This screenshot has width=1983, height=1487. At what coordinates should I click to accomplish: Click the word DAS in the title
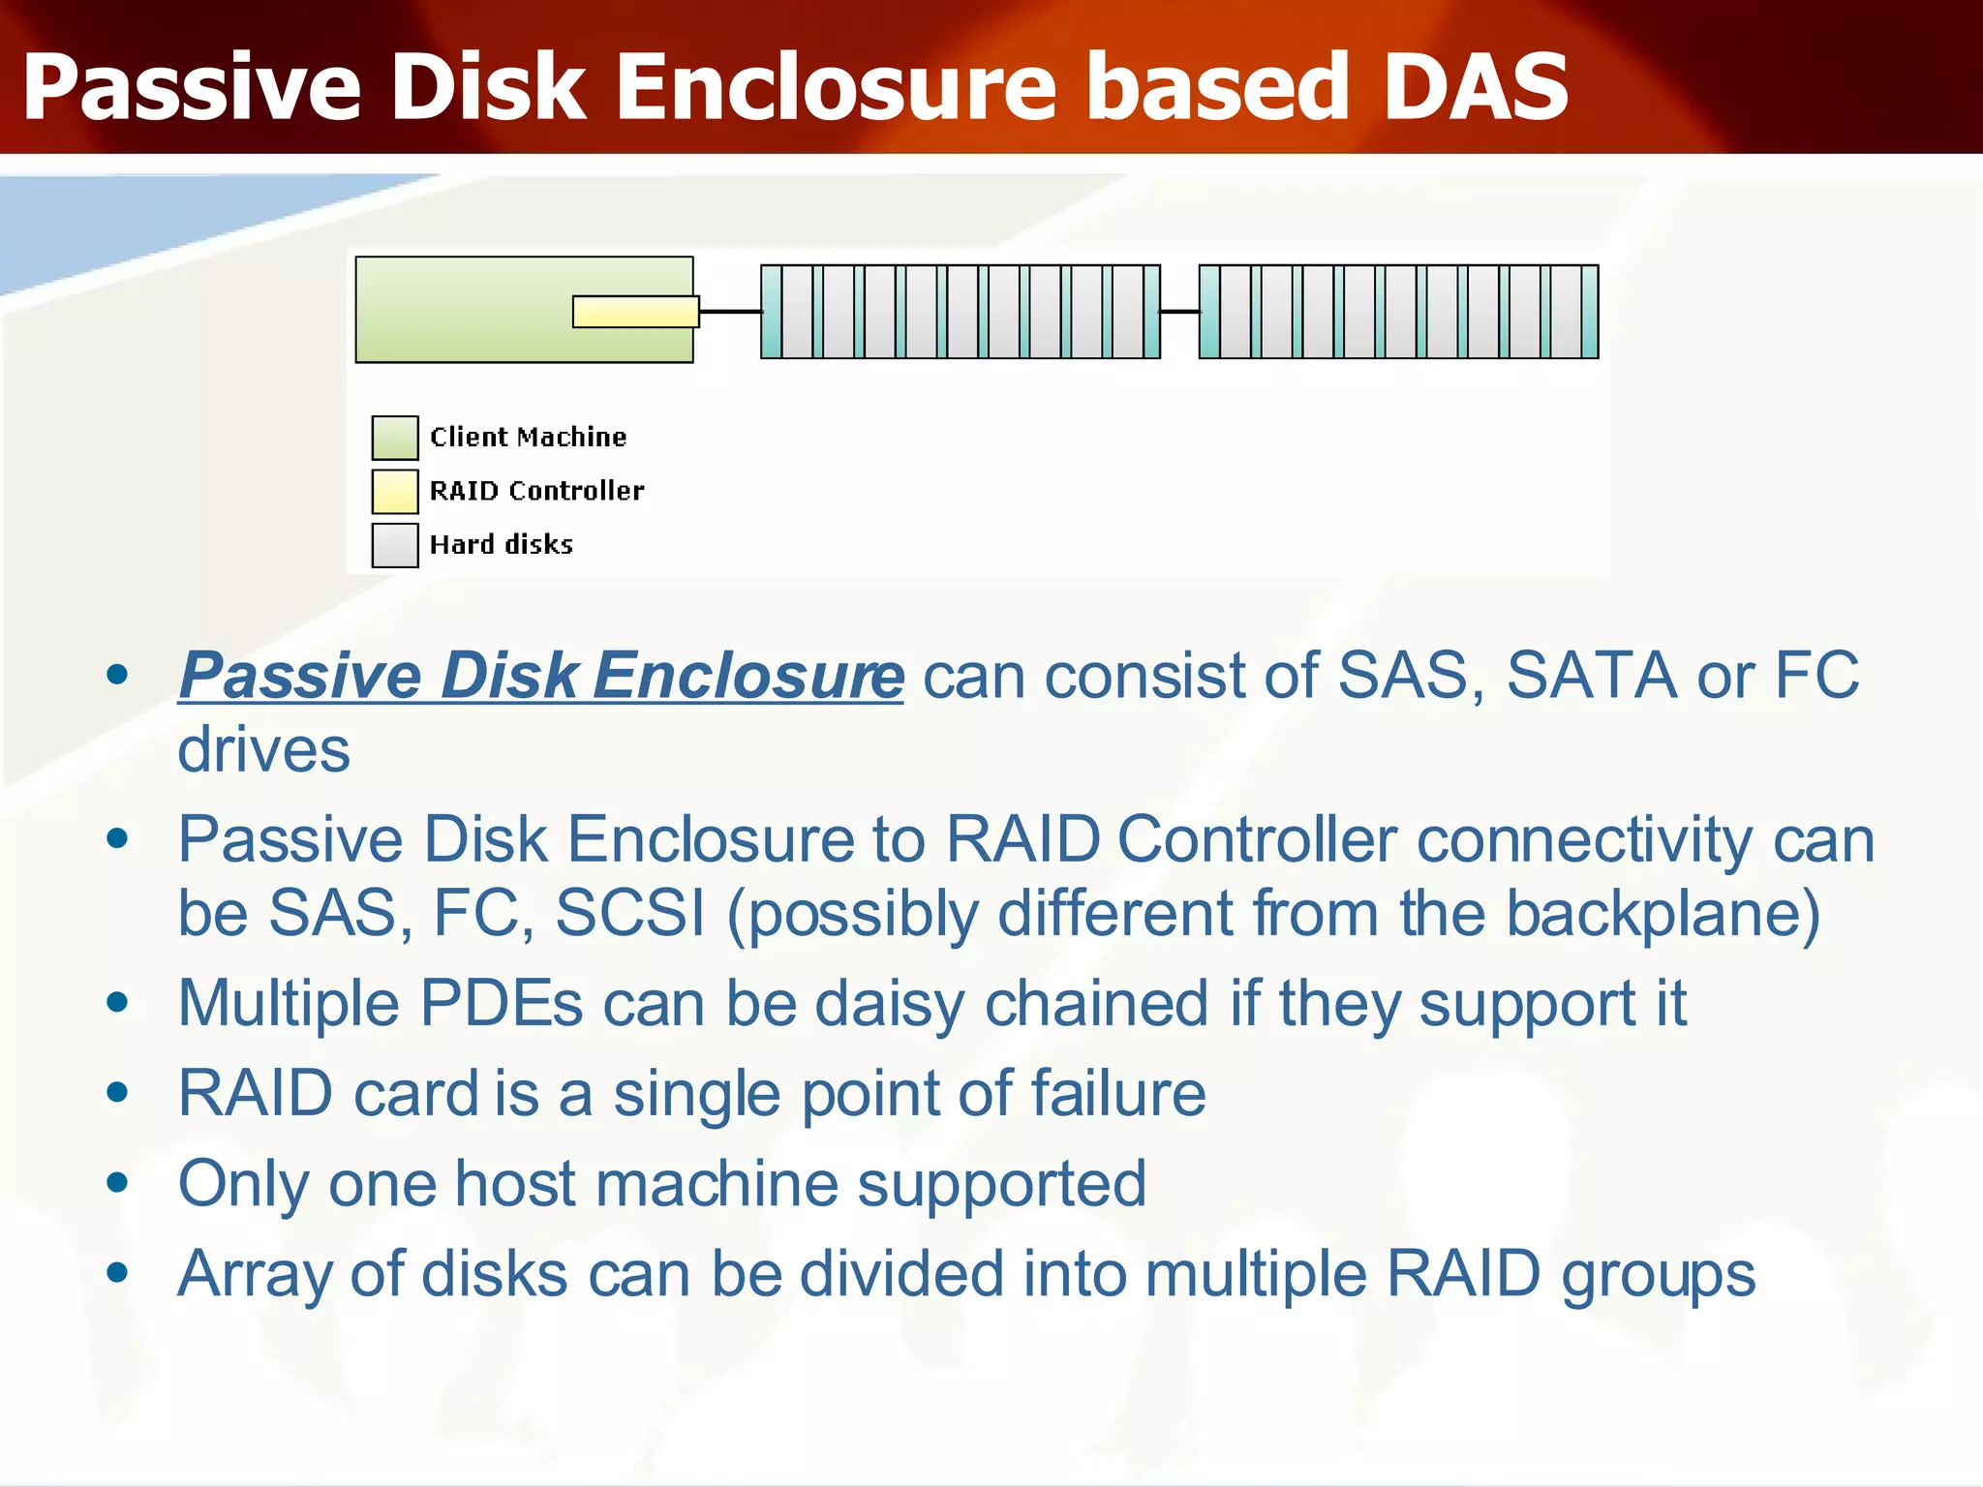[x=1476, y=87]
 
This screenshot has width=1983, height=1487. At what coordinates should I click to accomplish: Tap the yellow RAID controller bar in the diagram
[x=634, y=312]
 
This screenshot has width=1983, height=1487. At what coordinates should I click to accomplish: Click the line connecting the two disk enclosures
[x=1179, y=312]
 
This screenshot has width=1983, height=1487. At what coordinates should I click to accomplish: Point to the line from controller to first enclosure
[x=730, y=312]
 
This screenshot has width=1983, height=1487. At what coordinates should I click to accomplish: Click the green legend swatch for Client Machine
[x=395, y=438]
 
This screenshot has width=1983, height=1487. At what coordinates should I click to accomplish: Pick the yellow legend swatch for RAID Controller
[x=395, y=491]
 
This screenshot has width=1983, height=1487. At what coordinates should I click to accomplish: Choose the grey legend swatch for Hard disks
[x=395, y=545]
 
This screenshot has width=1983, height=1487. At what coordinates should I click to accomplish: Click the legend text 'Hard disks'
[x=501, y=545]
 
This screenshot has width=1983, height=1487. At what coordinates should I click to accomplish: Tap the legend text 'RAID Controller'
[x=536, y=491]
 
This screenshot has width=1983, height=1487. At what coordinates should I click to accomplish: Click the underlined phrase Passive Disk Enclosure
[x=540, y=676]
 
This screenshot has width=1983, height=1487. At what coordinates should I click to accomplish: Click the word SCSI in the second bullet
[x=629, y=913]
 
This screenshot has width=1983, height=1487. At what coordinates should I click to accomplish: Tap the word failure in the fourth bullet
[x=1117, y=1093]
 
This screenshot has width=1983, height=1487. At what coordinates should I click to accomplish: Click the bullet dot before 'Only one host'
[x=118, y=1182]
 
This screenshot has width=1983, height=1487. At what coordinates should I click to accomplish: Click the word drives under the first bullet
[x=263, y=750]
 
